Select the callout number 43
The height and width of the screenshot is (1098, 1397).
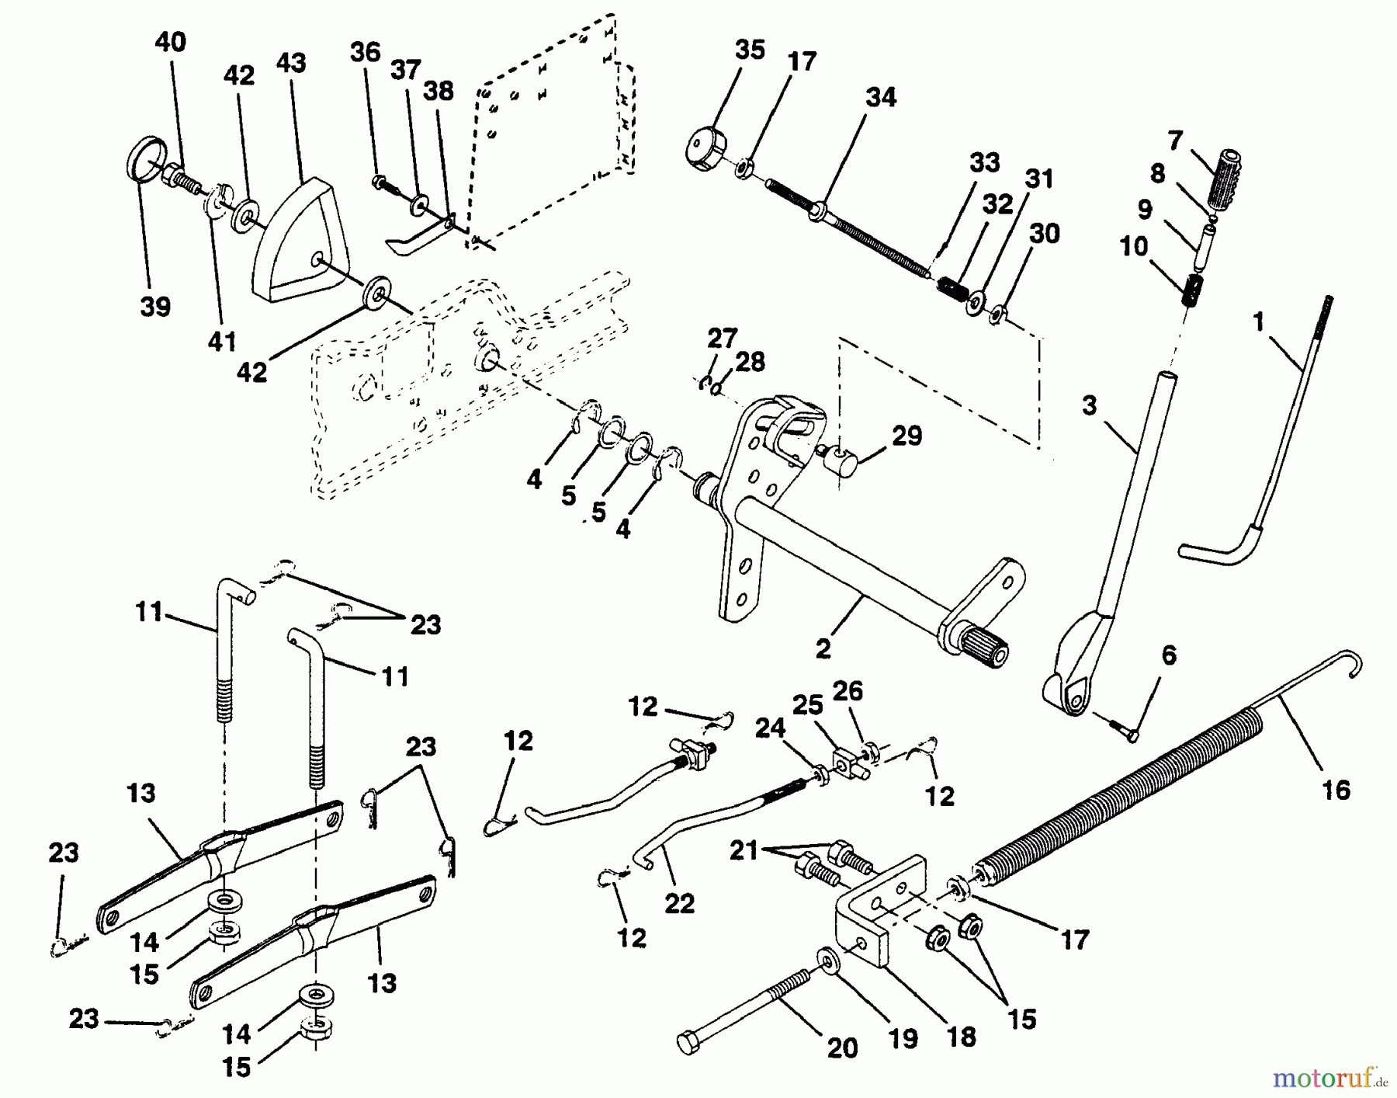coord(291,63)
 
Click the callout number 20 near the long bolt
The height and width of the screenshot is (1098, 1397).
coord(842,1048)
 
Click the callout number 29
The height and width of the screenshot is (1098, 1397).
coord(906,436)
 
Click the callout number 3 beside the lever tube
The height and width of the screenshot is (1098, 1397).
coord(1089,406)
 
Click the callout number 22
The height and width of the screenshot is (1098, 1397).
coord(679,904)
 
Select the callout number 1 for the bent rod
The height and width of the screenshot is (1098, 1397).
coord(1257,320)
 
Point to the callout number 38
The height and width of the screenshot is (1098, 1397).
coord(439,91)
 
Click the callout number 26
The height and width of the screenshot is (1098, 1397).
coord(848,690)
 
